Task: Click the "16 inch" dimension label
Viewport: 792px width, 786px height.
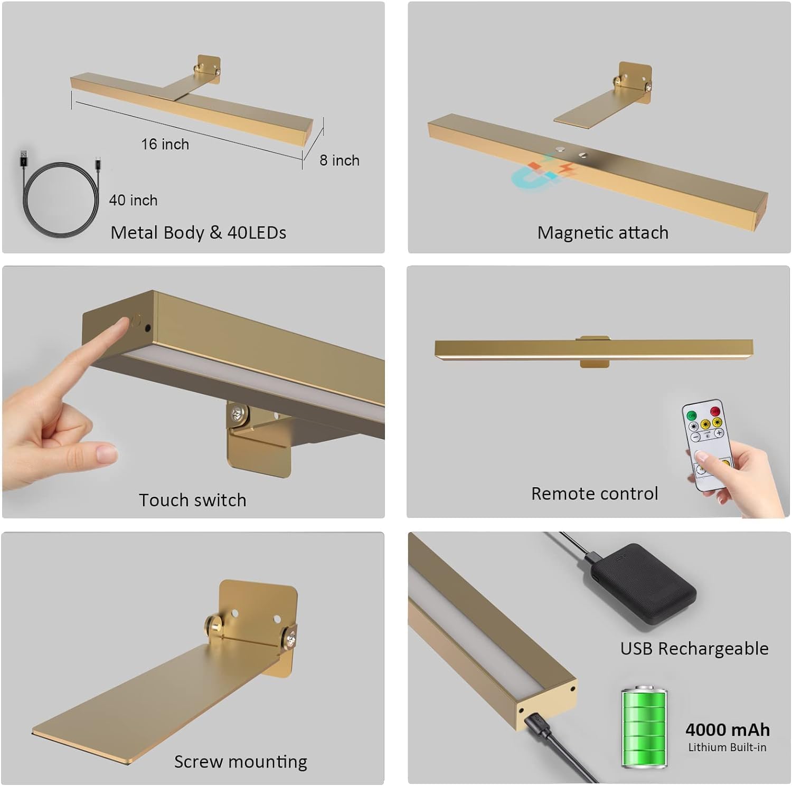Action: [165, 144]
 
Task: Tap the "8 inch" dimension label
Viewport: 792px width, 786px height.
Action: [340, 160]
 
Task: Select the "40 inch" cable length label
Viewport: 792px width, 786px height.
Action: [133, 201]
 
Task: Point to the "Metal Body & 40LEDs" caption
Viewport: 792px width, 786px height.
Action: [199, 233]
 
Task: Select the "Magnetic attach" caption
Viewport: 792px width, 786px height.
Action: [603, 233]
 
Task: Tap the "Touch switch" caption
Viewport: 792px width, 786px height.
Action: [193, 500]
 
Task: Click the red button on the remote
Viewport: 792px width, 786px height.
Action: [715, 411]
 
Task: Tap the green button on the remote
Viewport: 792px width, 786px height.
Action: [691, 415]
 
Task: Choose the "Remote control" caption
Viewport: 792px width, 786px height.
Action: [595, 494]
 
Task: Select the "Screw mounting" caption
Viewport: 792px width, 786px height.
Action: [241, 762]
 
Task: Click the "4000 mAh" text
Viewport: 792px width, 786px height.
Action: [728, 730]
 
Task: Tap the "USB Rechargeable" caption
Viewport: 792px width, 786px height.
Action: [694, 649]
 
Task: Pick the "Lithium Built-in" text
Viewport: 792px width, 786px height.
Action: [727, 747]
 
